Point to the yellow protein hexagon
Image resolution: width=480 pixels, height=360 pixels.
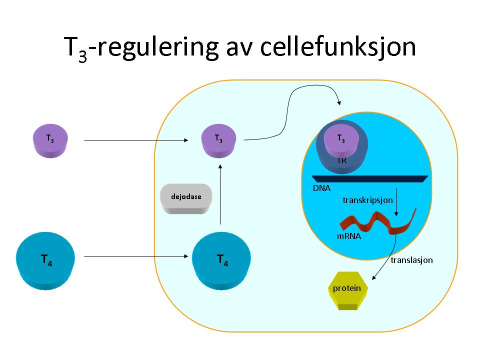347,290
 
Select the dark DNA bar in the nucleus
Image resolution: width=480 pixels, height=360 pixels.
370,178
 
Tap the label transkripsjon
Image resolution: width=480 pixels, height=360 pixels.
367,200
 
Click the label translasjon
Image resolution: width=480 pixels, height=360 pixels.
411,260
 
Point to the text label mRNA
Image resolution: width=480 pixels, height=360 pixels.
349,236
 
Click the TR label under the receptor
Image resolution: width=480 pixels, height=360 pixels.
342,161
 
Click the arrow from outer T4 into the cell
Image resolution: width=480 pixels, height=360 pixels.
135,257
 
